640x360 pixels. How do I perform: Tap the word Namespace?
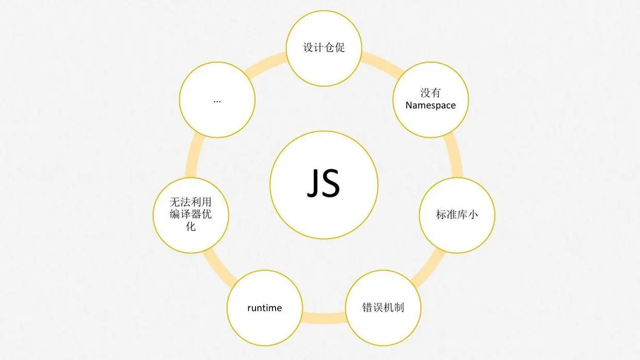pyautogui.click(x=430, y=105)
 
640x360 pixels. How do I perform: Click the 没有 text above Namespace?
pyautogui.click(x=430, y=93)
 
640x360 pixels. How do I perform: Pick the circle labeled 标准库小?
pyautogui.click(x=457, y=215)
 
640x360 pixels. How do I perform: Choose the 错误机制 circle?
pyautogui.click(x=383, y=307)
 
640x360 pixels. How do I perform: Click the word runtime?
pyautogui.click(x=264, y=308)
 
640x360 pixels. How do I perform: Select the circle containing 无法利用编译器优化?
pyautogui.click(x=191, y=215)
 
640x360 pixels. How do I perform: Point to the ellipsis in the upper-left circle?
pyautogui.click(x=217, y=100)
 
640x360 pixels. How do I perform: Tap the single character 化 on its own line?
pyautogui.click(x=191, y=226)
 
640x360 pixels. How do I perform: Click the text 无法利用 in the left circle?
pyautogui.click(x=191, y=202)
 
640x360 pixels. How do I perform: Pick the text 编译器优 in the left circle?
pyautogui.click(x=191, y=215)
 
